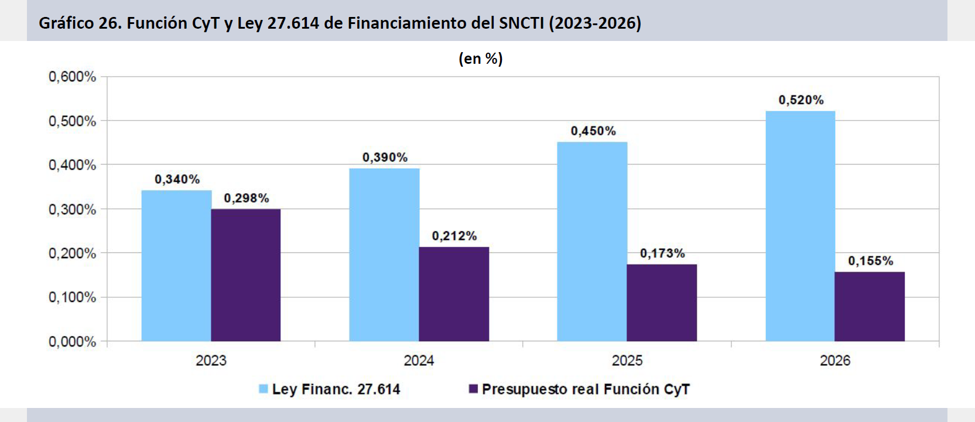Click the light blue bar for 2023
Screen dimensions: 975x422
click(x=176, y=266)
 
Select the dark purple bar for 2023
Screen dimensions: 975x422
click(x=246, y=275)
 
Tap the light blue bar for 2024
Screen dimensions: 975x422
click(x=384, y=255)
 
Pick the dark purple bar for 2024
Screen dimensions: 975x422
click(x=454, y=294)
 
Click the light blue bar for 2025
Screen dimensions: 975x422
click(x=592, y=242)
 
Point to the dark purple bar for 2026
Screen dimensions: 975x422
click(x=870, y=307)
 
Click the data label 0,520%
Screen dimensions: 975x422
click(x=801, y=100)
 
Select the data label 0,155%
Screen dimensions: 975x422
click(x=871, y=261)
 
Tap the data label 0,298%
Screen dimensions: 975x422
click(x=247, y=198)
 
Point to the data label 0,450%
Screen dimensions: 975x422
click(x=593, y=131)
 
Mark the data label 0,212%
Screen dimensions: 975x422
click(x=454, y=236)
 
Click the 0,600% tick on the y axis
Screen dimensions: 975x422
click(x=72, y=77)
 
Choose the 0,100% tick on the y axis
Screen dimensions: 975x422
click(x=72, y=297)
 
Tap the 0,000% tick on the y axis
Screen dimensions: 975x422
click(x=72, y=342)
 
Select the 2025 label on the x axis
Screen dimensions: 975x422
click(x=627, y=361)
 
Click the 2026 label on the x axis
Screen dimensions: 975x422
click(x=835, y=361)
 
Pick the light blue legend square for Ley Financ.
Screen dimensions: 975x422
click(x=263, y=389)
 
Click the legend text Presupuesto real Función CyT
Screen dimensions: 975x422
click(x=586, y=389)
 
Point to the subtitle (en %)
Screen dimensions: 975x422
click(x=481, y=59)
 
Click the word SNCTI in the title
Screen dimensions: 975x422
click(x=521, y=23)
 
